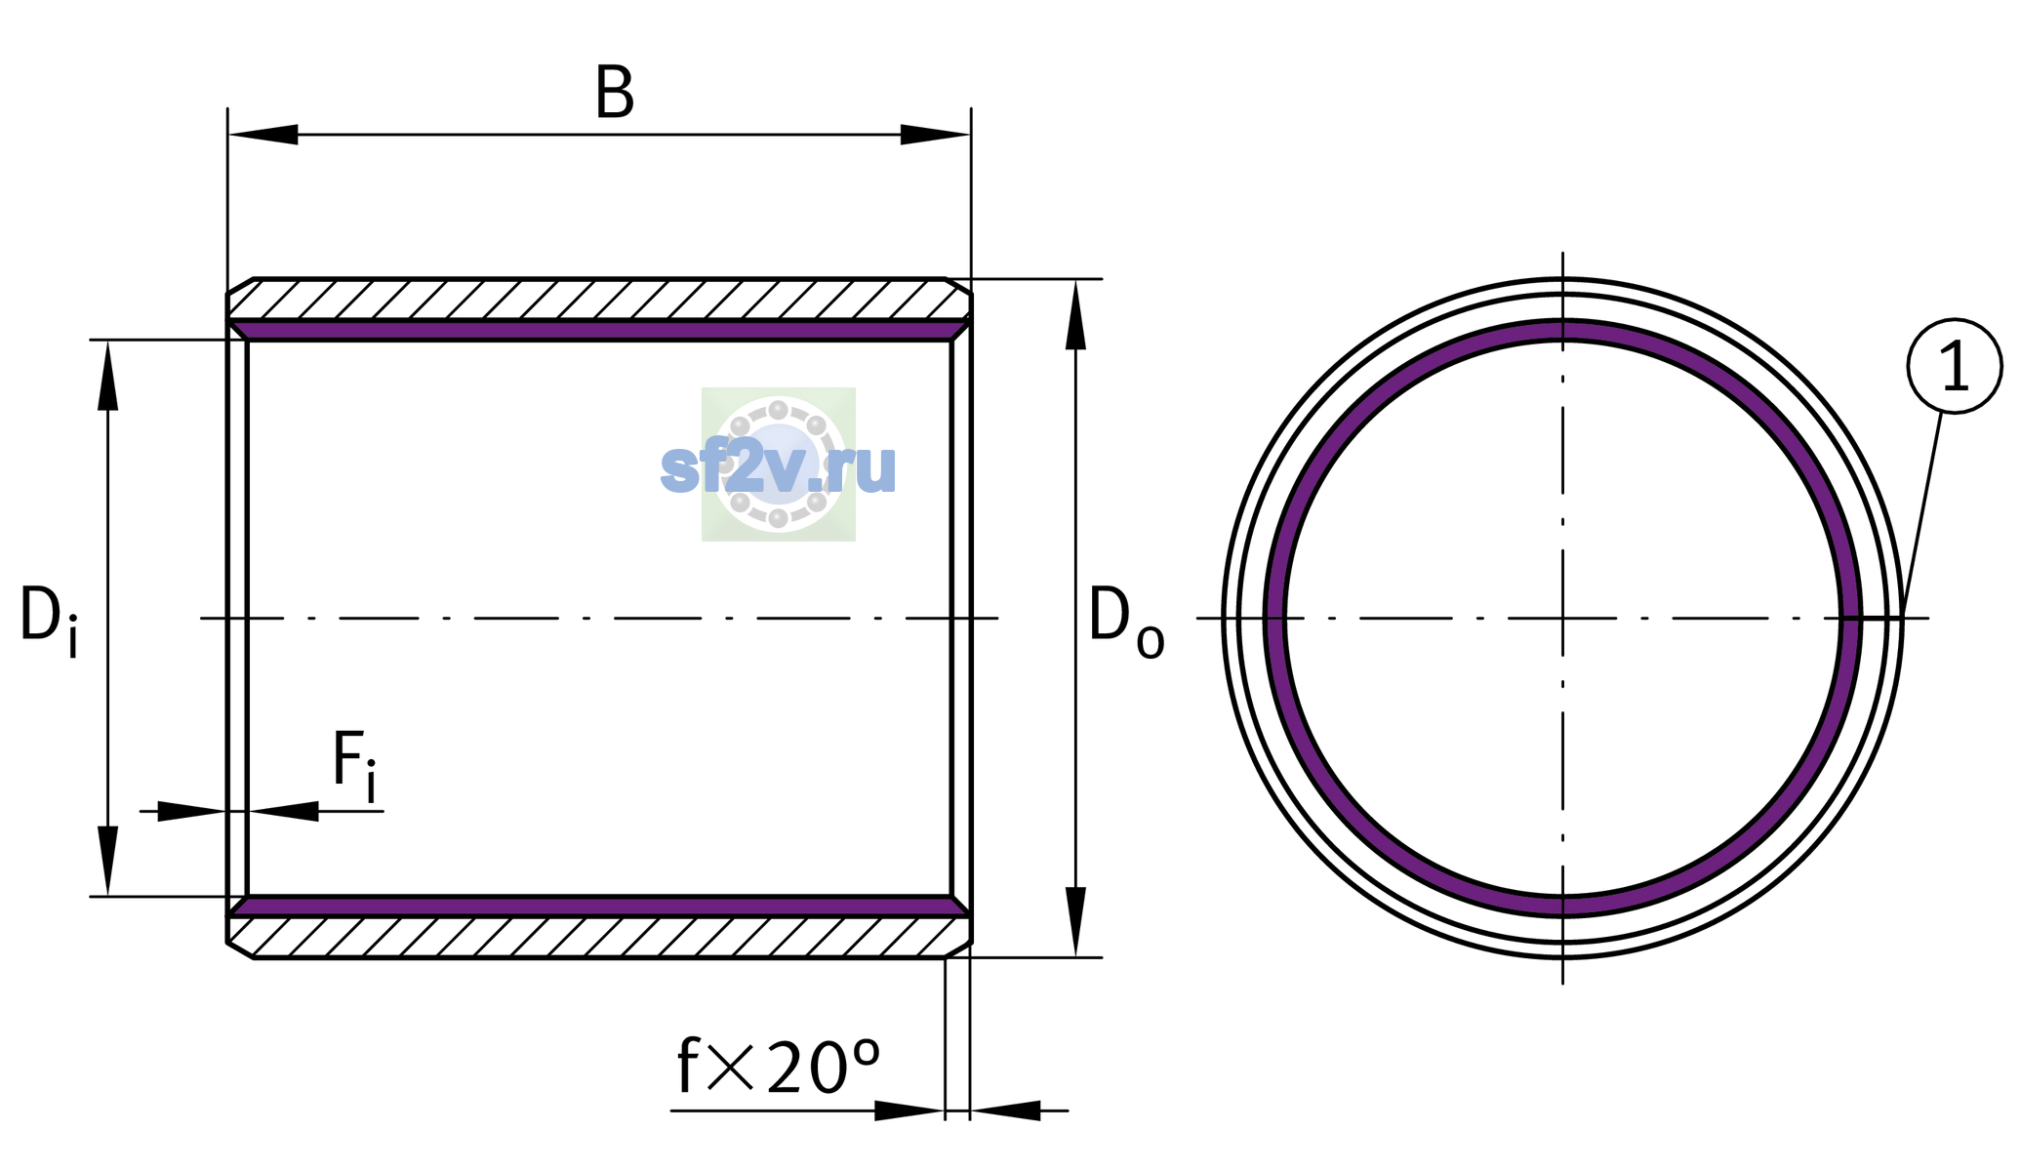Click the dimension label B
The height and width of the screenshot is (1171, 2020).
[615, 94]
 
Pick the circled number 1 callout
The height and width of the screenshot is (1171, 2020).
[1955, 366]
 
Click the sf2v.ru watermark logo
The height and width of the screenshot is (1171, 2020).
[779, 465]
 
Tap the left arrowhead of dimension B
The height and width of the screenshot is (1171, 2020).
[263, 135]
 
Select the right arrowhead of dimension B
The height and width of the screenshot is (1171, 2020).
[935, 135]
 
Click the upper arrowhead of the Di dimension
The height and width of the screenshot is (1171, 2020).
[108, 375]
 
